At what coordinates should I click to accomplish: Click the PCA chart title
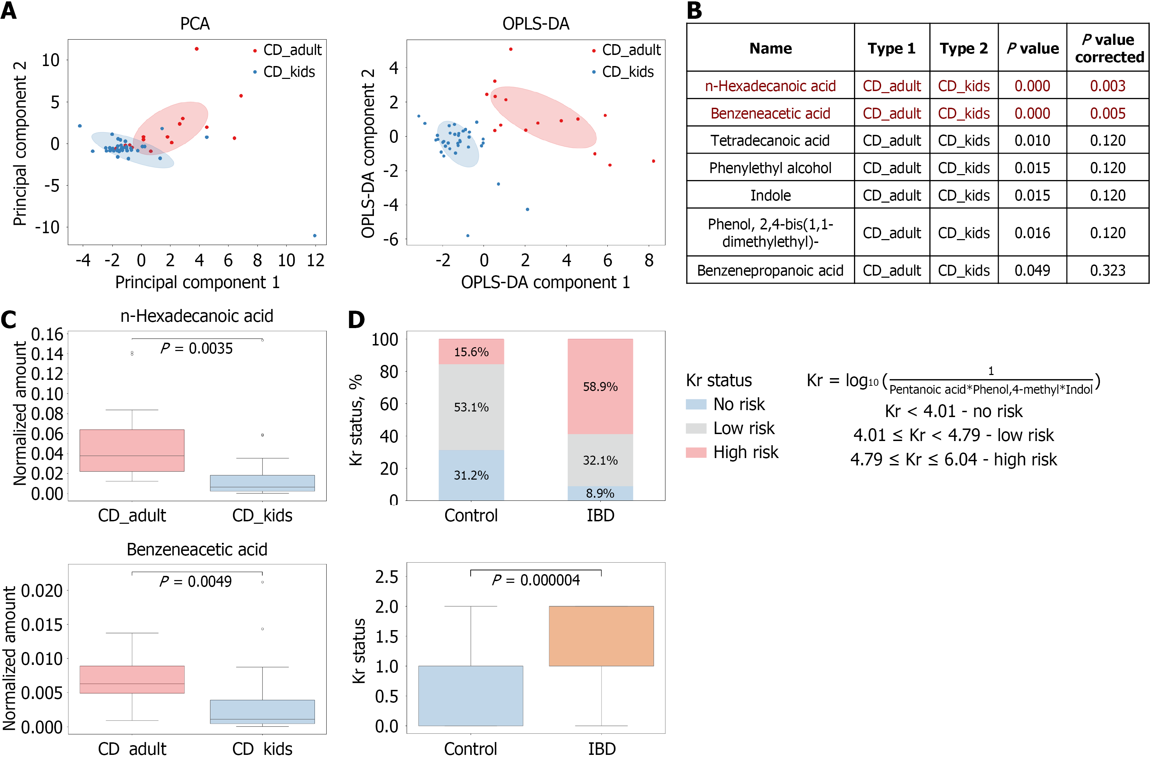click(x=195, y=24)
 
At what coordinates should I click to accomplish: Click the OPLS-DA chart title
click(x=536, y=24)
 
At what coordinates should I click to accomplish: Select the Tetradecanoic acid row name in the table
click(x=770, y=141)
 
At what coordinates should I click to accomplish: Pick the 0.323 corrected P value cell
click(x=1108, y=270)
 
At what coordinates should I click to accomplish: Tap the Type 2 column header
click(x=963, y=48)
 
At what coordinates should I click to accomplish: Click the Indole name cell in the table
click(x=770, y=195)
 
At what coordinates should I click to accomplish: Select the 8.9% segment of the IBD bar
click(x=600, y=493)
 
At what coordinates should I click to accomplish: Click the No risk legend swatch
click(x=696, y=404)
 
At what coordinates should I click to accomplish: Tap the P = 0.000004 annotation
click(x=536, y=580)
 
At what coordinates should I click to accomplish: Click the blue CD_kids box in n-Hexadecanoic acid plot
click(x=262, y=483)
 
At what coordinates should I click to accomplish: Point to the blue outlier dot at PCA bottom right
click(x=314, y=235)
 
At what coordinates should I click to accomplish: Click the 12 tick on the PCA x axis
click(x=316, y=261)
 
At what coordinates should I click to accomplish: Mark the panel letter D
click(x=357, y=319)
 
